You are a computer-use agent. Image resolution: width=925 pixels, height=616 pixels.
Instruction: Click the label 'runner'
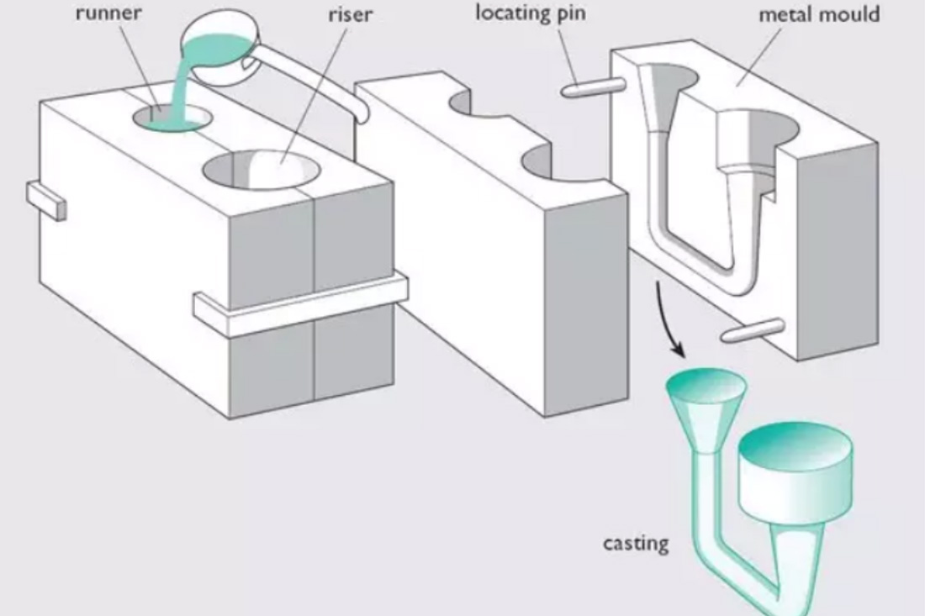click(109, 13)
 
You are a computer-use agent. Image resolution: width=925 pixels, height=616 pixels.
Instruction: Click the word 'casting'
click(636, 543)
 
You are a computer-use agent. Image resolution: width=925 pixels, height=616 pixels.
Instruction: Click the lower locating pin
click(752, 330)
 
